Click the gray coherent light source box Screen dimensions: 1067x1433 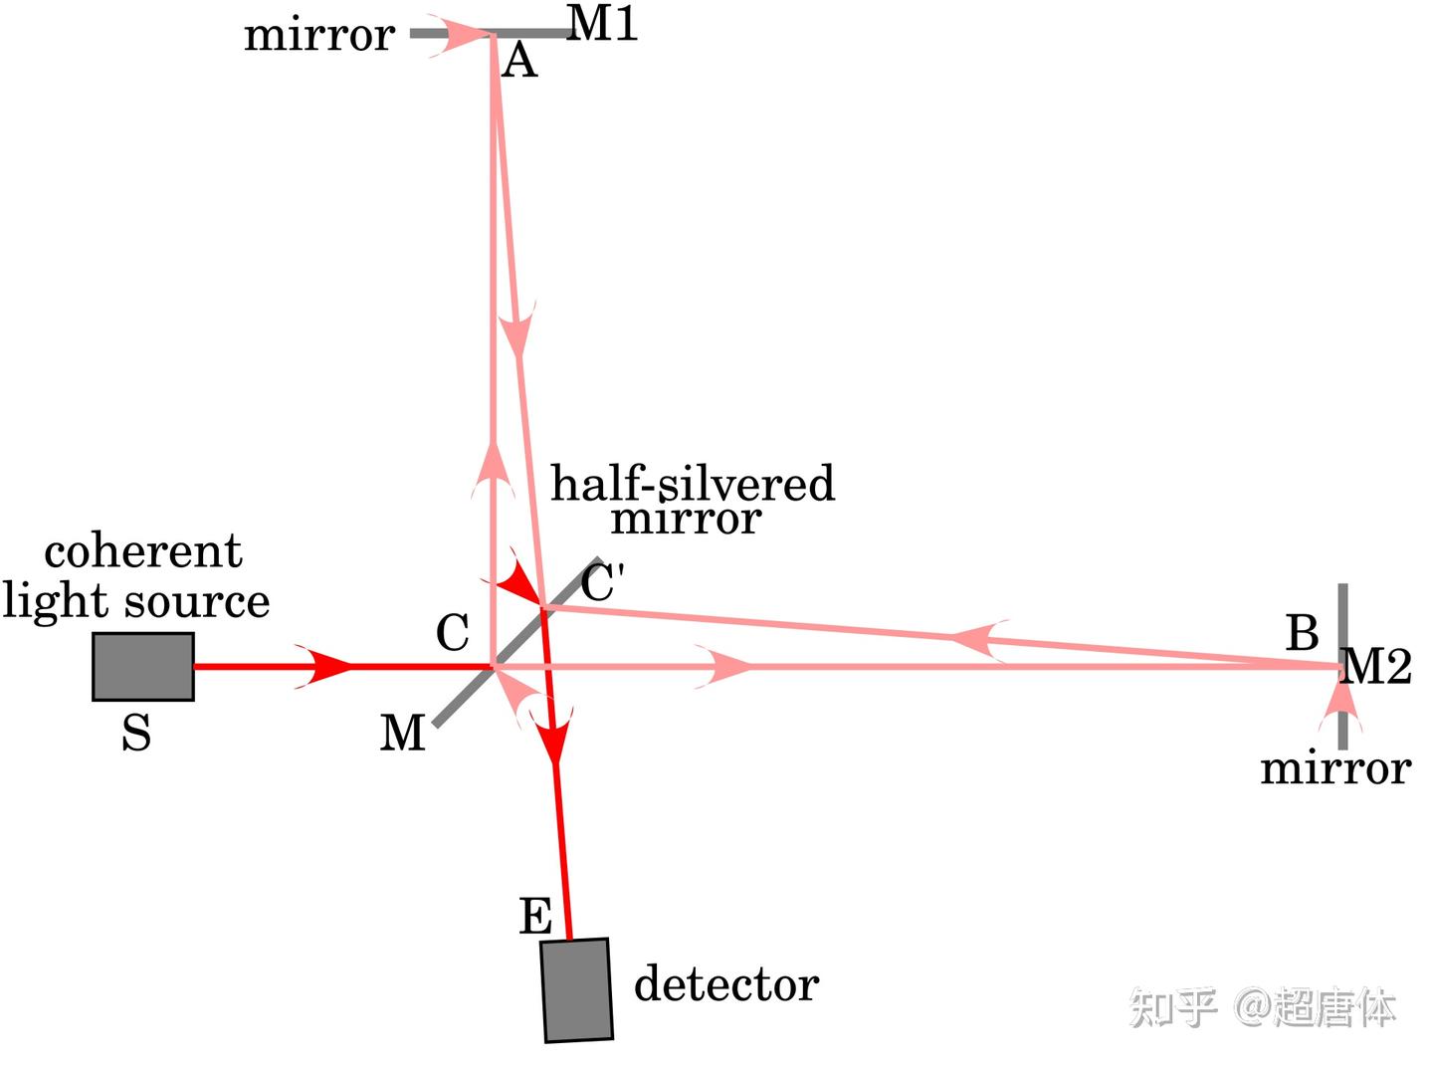tap(143, 666)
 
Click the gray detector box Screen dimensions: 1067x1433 tap(577, 990)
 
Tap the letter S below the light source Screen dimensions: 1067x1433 tap(136, 734)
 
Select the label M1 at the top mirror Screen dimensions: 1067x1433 tap(603, 24)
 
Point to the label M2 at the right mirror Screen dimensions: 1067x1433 tap(1377, 666)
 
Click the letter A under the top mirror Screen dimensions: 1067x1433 tap(519, 62)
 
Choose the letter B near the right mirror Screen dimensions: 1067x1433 tap(1303, 633)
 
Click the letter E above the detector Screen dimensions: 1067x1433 tap(535, 916)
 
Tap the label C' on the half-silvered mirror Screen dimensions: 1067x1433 tap(602, 583)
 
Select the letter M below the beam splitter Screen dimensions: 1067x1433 tap(402, 734)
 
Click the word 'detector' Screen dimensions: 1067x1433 tap(726, 983)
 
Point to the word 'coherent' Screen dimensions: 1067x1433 tap(143, 550)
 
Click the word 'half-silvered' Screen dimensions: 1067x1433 tap(693, 484)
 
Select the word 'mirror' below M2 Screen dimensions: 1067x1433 tap(1335, 768)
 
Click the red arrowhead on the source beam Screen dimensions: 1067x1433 tap(328, 666)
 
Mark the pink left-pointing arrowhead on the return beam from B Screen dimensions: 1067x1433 tap(976, 638)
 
